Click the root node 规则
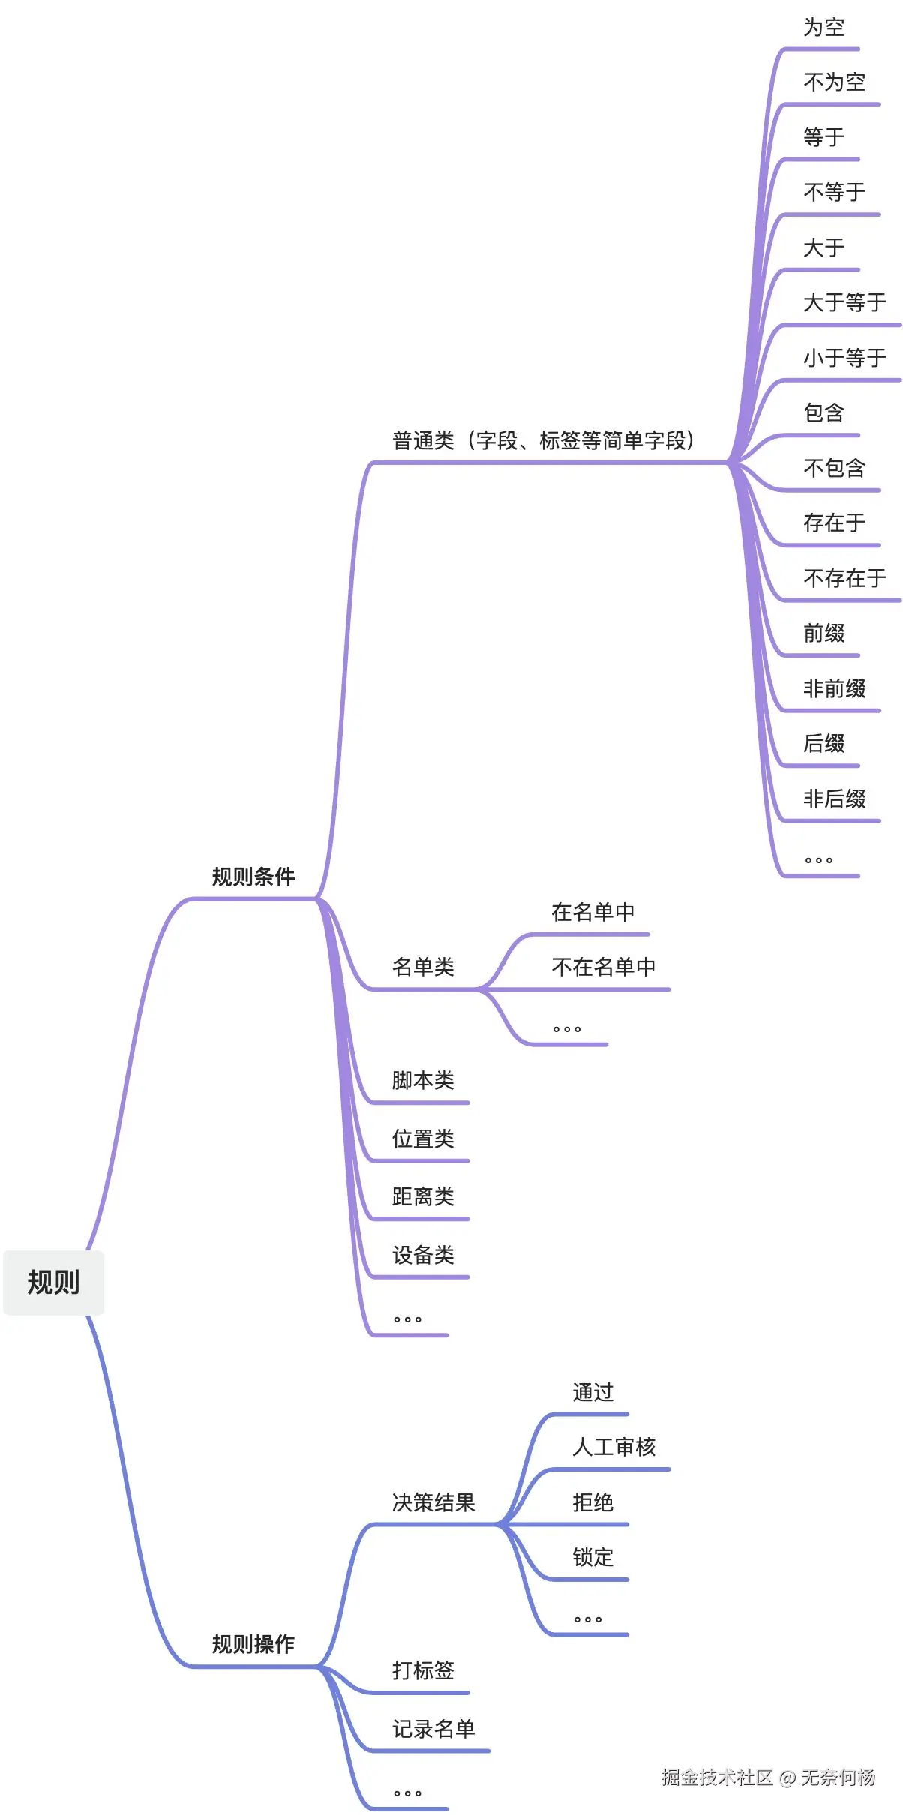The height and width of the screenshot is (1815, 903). pos(53,1282)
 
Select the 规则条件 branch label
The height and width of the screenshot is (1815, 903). pos(253,876)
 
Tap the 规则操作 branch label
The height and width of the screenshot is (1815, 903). pos(253,1644)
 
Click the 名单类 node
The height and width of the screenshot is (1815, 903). pos(423,967)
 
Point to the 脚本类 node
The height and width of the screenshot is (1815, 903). pos(423,1080)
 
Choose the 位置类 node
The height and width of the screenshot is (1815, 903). pos(423,1138)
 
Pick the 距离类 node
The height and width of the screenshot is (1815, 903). pos(423,1196)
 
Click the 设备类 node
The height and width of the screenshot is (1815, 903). pos(423,1255)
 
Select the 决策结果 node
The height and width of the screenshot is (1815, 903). pos(433,1502)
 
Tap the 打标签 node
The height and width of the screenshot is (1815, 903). pos(423,1670)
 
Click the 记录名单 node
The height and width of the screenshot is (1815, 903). pos(433,1729)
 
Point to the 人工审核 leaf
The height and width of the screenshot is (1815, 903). pos(613,1447)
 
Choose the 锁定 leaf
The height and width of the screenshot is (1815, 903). pos(592,1557)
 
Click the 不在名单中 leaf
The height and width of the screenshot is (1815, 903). pos(603,967)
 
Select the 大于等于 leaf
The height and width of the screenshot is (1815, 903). pos(844,302)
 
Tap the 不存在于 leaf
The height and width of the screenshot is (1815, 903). pos(844,578)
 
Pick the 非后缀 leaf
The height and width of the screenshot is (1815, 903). pos(834,799)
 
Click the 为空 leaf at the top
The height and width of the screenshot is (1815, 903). pos(823,28)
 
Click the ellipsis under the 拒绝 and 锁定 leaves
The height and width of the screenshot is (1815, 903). pos(588,1619)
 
